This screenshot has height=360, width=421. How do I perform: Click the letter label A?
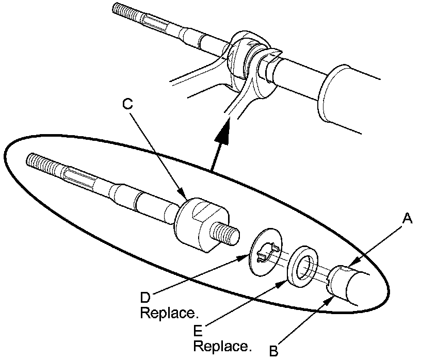point(407,220)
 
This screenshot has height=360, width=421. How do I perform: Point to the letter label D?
point(146,298)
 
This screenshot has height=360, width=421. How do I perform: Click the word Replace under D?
point(169,313)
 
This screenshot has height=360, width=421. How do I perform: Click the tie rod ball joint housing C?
point(200,223)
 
